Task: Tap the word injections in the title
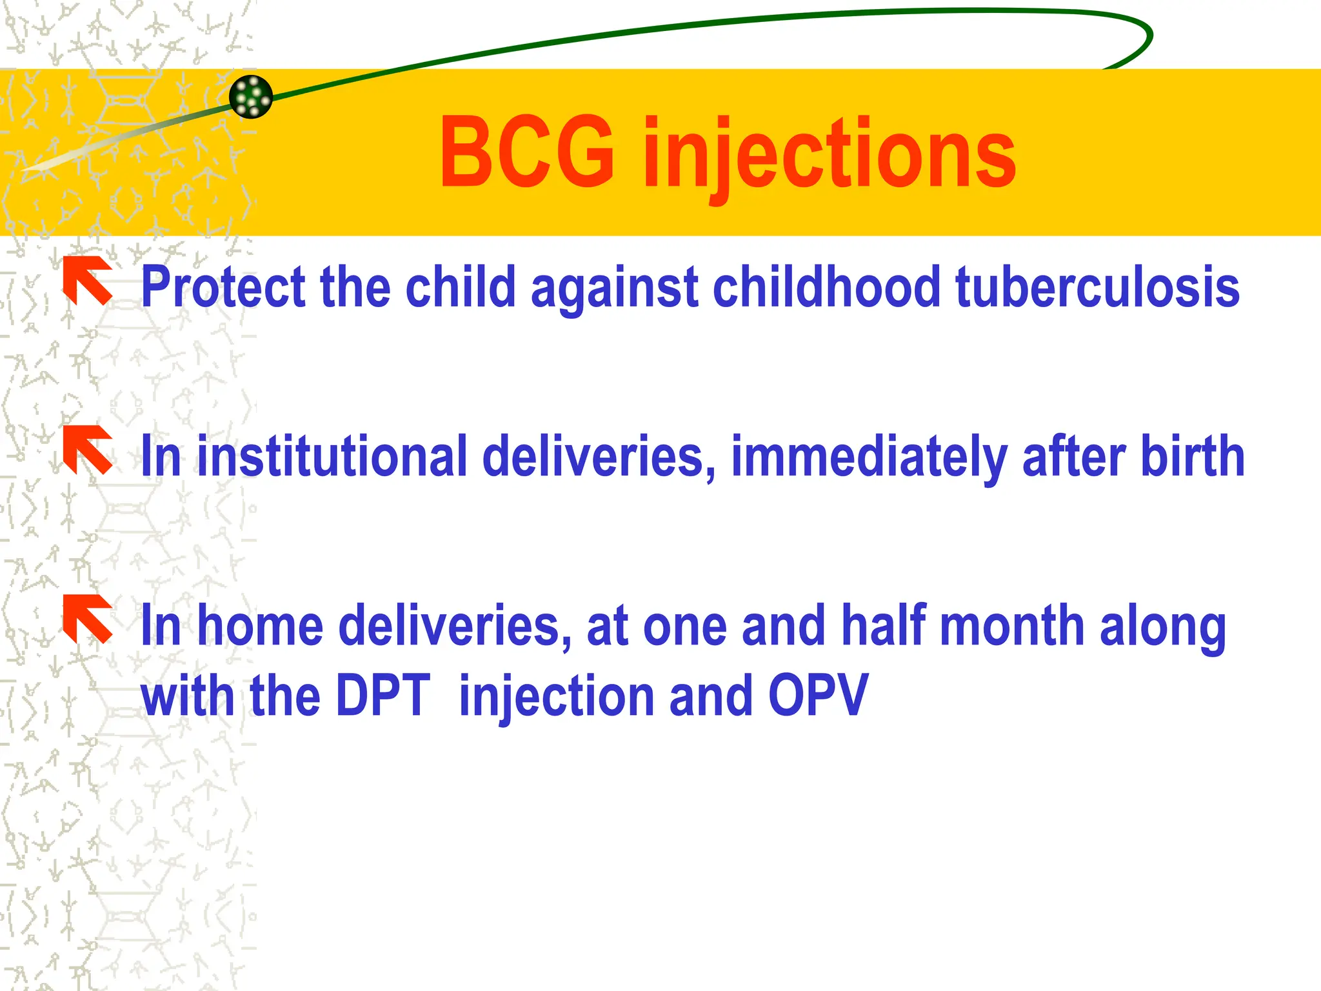pos(829,155)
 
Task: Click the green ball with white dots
pos(251,97)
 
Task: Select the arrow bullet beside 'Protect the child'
pos(88,281)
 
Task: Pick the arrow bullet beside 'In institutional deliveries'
pos(88,450)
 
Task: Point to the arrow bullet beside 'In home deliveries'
pos(88,619)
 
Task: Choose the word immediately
pos(869,456)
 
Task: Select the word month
pos(1012,625)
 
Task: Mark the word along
pos(1162,625)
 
